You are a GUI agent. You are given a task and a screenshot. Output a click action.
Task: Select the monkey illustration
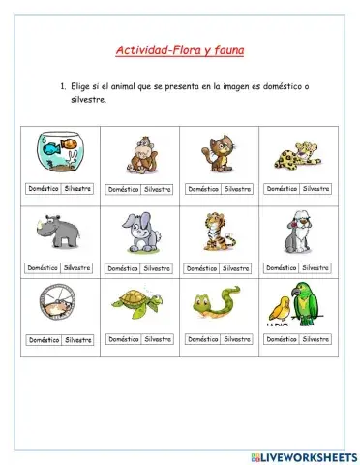coord(140,153)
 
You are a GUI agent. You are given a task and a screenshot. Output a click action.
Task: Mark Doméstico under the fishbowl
coord(44,188)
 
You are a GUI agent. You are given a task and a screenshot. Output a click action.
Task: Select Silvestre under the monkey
coord(157,190)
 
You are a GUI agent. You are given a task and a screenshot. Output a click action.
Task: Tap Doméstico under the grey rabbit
coord(123,268)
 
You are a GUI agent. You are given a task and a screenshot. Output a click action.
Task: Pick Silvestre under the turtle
coord(157,340)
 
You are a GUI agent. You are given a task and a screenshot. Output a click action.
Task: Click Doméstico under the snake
coord(202,340)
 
